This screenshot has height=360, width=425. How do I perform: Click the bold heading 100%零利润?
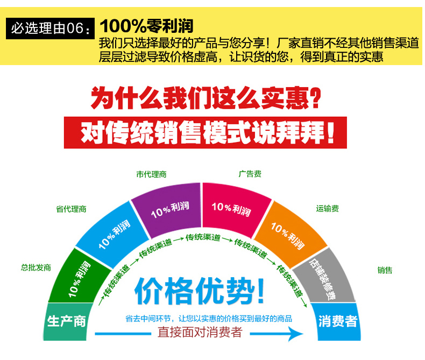[x=146, y=25]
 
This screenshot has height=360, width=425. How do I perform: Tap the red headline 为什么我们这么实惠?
[x=207, y=98]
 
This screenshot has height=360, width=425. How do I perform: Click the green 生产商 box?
[x=66, y=322]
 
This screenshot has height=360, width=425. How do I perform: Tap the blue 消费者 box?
[x=338, y=322]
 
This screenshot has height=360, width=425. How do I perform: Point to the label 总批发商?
[x=36, y=267]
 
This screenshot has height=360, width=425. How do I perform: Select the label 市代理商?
[x=151, y=174]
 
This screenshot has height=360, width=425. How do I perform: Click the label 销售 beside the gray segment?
[x=385, y=270]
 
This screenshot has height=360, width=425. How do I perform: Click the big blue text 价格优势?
[x=200, y=293]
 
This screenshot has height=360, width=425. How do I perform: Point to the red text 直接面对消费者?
[x=200, y=333]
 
